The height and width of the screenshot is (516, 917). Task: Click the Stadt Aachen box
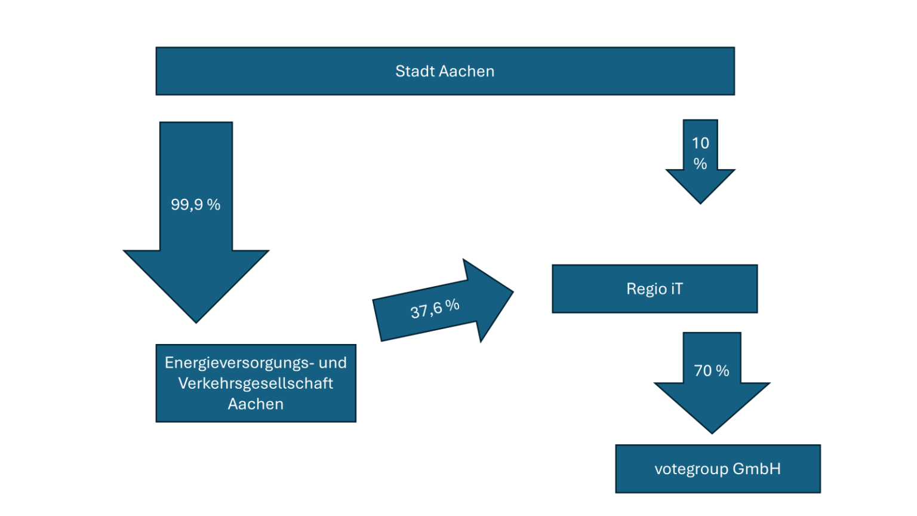tap(445, 71)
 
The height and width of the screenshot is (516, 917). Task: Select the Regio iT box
tap(654, 289)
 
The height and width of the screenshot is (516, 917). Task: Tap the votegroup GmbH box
tap(718, 469)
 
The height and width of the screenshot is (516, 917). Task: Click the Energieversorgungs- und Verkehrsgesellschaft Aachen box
tap(256, 383)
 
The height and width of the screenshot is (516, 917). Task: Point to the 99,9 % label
tap(196, 205)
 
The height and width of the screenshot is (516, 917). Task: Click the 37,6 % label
tap(435, 308)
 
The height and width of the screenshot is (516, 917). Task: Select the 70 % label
tap(712, 371)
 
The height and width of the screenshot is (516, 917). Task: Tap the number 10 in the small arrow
tap(700, 143)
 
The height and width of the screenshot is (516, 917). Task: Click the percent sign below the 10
tap(700, 164)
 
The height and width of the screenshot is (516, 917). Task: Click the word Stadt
tap(415, 71)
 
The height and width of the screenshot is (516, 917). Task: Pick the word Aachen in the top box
tap(467, 71)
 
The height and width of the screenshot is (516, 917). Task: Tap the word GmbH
tap(756, 469)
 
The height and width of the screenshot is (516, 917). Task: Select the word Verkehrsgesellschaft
tap(256, 383)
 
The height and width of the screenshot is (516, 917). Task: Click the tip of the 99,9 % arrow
tap(196, 321)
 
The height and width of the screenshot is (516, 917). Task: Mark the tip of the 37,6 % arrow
tap(512, 292)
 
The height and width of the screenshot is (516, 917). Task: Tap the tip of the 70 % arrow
tap(712, 432)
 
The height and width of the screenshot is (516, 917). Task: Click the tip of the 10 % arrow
tap(700, 202)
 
